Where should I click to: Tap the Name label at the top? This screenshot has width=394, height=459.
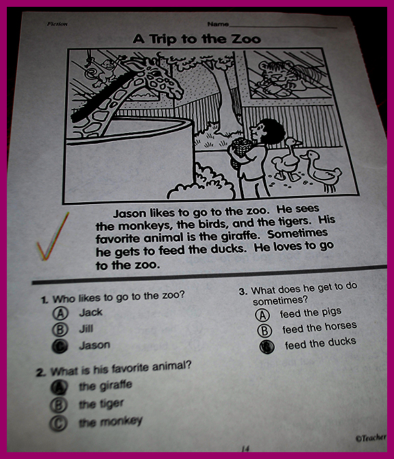[218, 24]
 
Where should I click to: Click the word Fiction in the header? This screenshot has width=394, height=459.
[57, 24]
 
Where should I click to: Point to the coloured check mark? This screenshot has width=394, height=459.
[52, 236]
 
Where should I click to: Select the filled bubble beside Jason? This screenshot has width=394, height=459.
[60, 347]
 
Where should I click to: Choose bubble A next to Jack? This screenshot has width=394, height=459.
[60, 313]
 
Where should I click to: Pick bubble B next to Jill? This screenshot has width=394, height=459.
[60, 330]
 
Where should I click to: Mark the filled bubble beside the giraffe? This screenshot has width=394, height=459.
[59, 388]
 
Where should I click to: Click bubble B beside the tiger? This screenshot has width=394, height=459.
[58, 405]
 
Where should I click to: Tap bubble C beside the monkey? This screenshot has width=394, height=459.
[58, 423]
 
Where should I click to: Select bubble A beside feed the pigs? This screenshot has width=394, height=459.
[262, 315]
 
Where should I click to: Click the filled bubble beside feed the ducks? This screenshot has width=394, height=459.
[267, 347]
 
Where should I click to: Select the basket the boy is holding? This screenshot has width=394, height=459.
[242, 147]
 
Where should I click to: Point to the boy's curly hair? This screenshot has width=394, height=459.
[271, 130]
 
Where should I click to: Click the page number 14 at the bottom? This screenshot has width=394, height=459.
[245, 449]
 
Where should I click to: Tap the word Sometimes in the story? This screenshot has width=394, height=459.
[297, 234]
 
